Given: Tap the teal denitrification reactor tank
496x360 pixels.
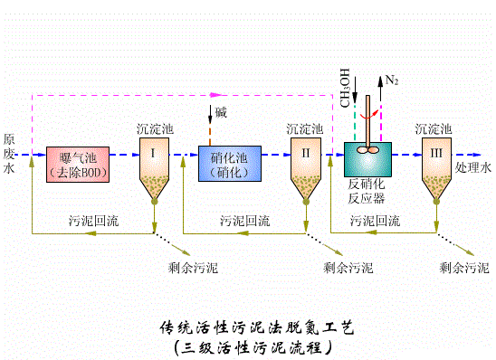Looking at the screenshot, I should [367, 161].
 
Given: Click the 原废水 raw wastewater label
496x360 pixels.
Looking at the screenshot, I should [9, 154].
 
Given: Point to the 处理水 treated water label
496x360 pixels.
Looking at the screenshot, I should [472, 168].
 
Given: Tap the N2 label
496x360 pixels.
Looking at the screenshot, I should [392, 81].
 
